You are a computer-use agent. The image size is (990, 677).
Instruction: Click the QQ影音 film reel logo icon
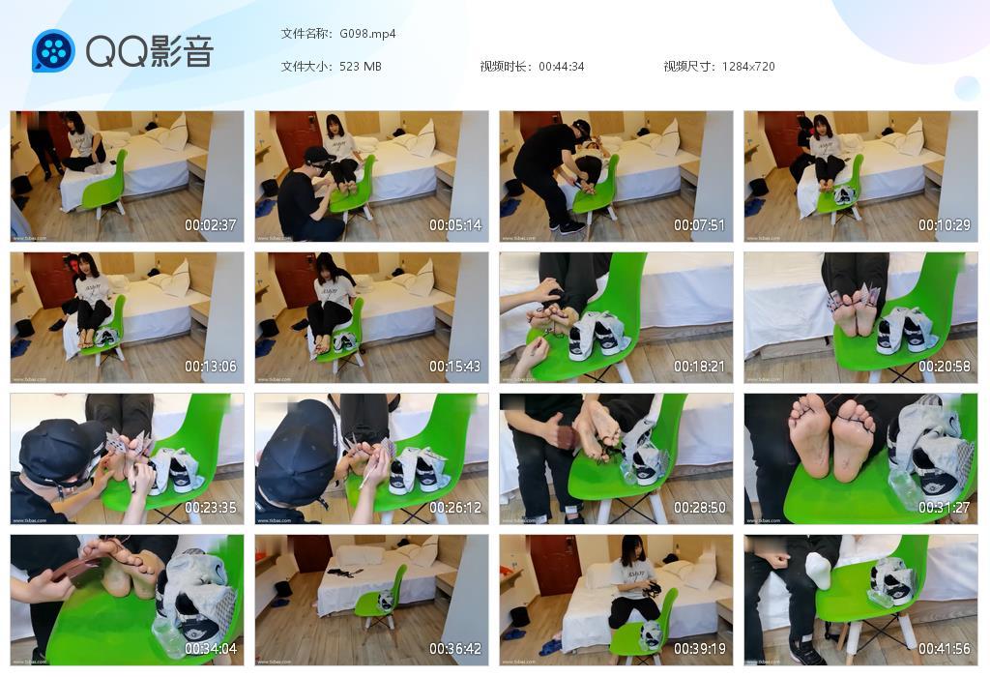pos(53,51)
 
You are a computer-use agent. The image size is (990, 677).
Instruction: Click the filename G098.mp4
pos(367,34)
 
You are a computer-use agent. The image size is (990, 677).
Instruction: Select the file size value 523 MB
pos(361,67)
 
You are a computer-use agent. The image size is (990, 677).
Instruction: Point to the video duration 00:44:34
pos(561,67)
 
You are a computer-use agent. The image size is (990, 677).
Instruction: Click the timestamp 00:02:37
pos(211,225)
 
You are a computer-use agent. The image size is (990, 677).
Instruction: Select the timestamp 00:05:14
pos(455,225)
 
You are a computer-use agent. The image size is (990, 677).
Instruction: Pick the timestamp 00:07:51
pos(700,225)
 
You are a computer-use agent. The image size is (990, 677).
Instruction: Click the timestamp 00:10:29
pos(945,225)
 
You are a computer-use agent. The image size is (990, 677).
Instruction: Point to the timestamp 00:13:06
pos(211,367)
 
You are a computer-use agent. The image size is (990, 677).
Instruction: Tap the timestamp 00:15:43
pos(455,367)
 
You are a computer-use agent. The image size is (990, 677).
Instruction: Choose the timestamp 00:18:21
pos(700,367)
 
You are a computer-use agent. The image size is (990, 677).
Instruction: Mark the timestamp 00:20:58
pos(945,367)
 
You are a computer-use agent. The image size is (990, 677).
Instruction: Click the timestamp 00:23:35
pos(211,508)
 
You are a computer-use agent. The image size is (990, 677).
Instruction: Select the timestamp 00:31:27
pos(945,508)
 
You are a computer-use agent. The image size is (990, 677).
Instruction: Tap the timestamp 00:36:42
pos(455,649)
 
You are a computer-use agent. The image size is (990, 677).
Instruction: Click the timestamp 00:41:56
pos(945,649)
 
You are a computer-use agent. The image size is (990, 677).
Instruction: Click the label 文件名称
pos(306,34)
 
